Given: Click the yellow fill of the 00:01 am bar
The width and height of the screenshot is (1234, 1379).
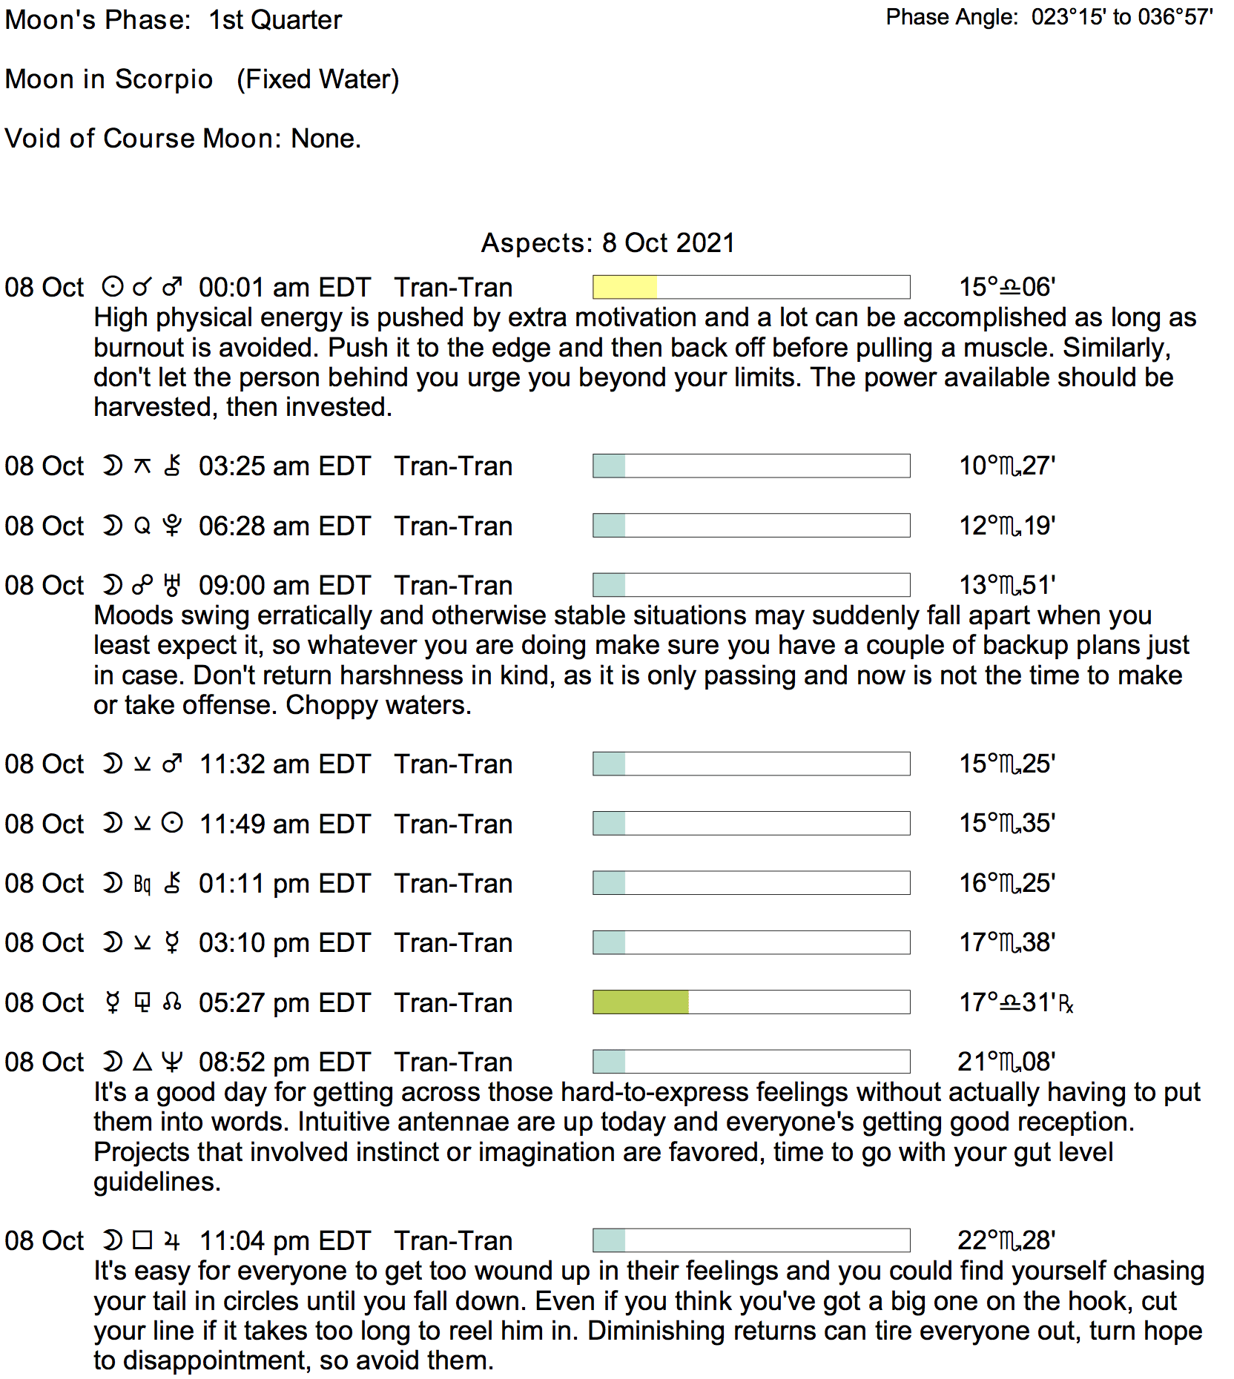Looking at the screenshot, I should pos(624,287).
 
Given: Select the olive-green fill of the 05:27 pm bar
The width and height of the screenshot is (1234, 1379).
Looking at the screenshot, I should pos(641,1002).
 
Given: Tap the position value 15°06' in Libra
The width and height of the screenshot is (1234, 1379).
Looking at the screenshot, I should pos(1007,287).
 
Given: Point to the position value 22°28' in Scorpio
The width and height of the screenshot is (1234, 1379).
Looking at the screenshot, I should pos(1006,1240).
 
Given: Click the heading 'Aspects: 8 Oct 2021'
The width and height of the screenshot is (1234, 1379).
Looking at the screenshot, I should pos(608,242).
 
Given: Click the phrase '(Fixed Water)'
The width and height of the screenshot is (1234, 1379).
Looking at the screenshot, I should pos(317,79).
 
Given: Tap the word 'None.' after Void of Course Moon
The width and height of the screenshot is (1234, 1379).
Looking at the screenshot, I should pos(326,138).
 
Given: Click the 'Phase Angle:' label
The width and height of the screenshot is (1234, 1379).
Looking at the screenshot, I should pos(952,17).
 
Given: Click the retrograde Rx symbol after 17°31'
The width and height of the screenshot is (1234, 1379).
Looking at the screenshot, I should pos(1066,1005).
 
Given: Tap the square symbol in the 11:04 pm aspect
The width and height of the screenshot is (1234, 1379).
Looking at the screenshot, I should pos(142,1240).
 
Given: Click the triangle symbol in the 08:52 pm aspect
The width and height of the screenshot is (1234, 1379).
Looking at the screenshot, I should pos(142,1062).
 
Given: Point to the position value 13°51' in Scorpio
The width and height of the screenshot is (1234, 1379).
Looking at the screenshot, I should pos(1007,585).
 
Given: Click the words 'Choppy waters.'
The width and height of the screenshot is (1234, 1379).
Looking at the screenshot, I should pos(378,705).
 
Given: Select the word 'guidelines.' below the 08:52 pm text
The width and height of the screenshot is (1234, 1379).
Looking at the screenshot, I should pos(157,1182).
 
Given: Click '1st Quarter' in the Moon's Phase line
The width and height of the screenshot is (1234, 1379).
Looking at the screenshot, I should pos(275,20).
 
